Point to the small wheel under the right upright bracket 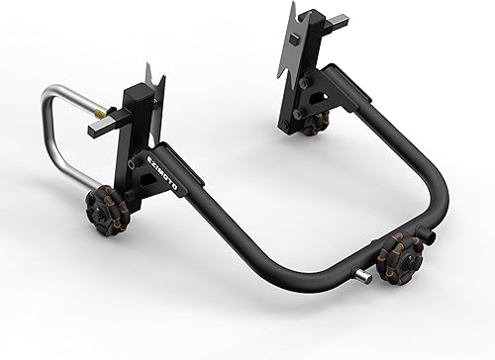pyautogui.click(x=316, y=124)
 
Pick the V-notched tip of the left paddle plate pyautogui.click(x=151, y=71)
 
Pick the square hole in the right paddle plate pyautogui.click(x=294, y=41)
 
